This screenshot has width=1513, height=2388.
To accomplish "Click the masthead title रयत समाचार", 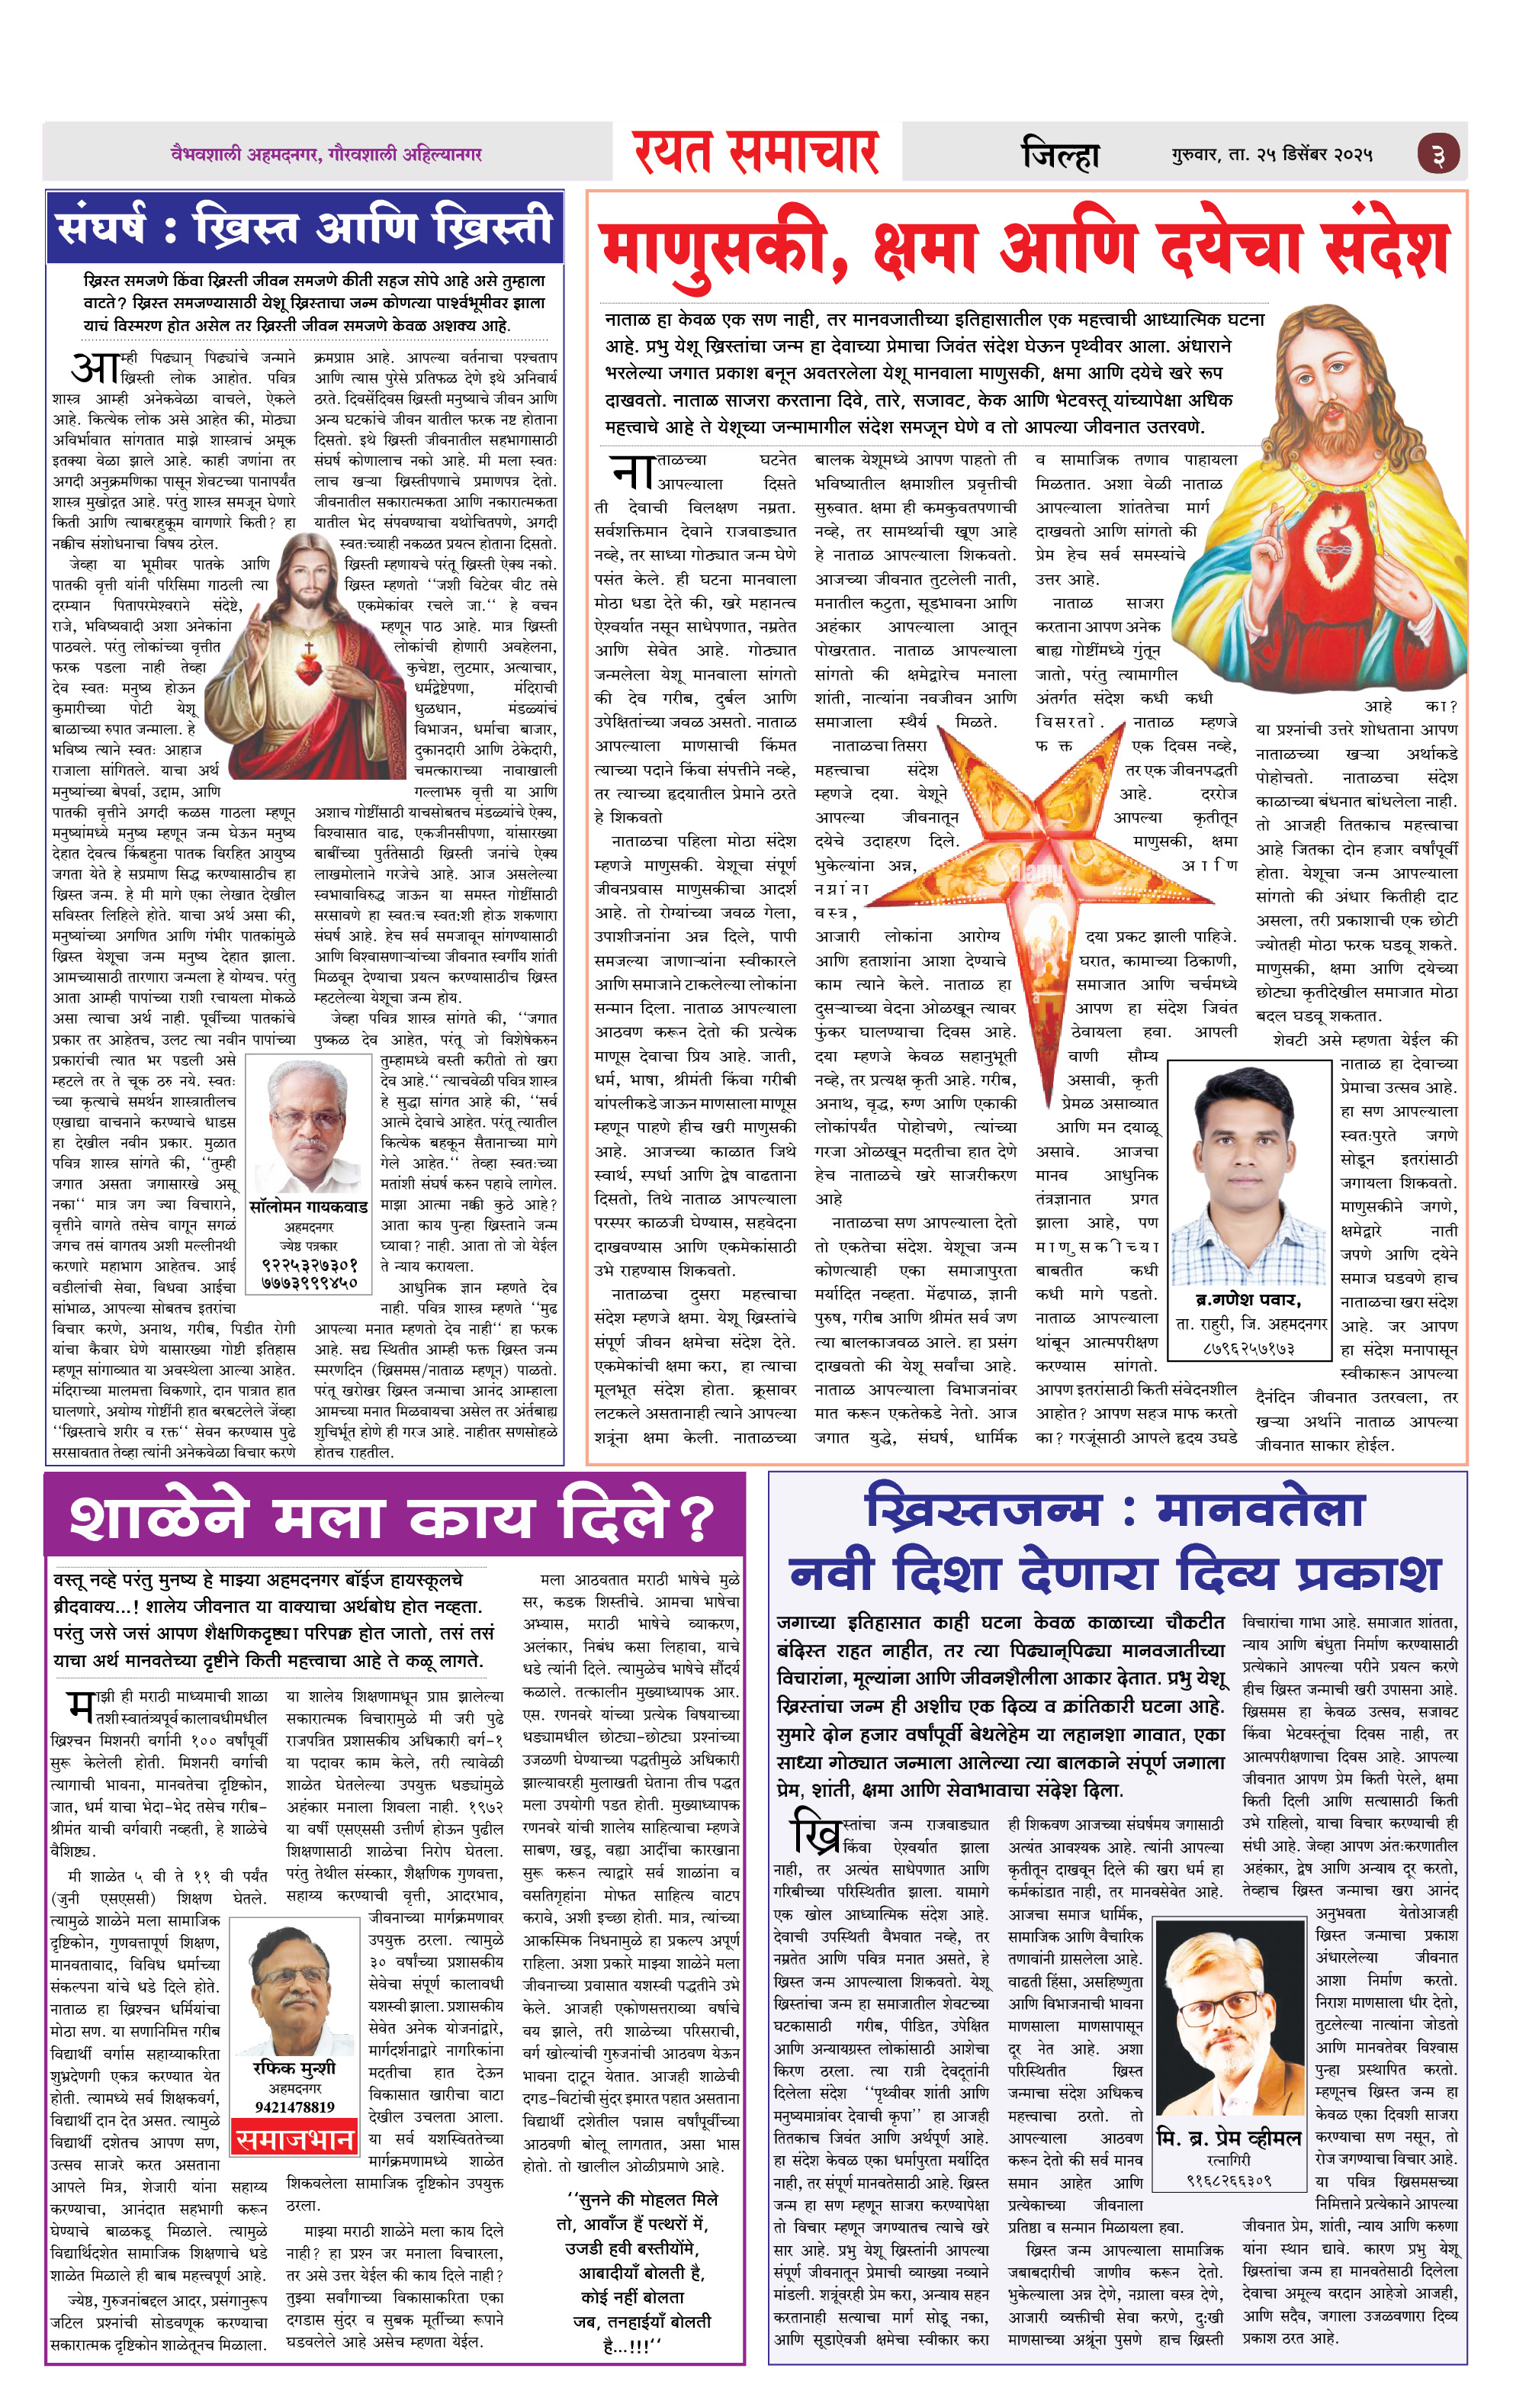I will click(756, 153).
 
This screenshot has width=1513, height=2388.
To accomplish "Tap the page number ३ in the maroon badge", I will click(1437, 155).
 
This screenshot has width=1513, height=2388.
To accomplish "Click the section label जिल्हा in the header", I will click(1061, 155).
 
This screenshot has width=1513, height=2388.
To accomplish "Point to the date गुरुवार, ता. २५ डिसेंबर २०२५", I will click(1272, 155).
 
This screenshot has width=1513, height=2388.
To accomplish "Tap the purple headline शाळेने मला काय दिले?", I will click(393, 1518).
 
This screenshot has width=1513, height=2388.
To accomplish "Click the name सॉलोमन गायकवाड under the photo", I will click(308, 1208).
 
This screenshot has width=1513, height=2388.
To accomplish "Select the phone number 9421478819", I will click(294, 2107).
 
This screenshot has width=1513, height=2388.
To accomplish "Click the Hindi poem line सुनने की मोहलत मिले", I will click(642, 2200).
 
